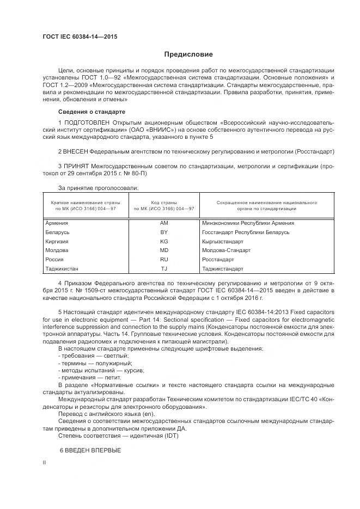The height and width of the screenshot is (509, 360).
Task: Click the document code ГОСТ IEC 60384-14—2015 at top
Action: point(80,37)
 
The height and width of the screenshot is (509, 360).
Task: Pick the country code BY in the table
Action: point(164,232)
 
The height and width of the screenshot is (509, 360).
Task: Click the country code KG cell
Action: point(164,241)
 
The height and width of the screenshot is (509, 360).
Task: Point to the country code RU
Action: point(164,260)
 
